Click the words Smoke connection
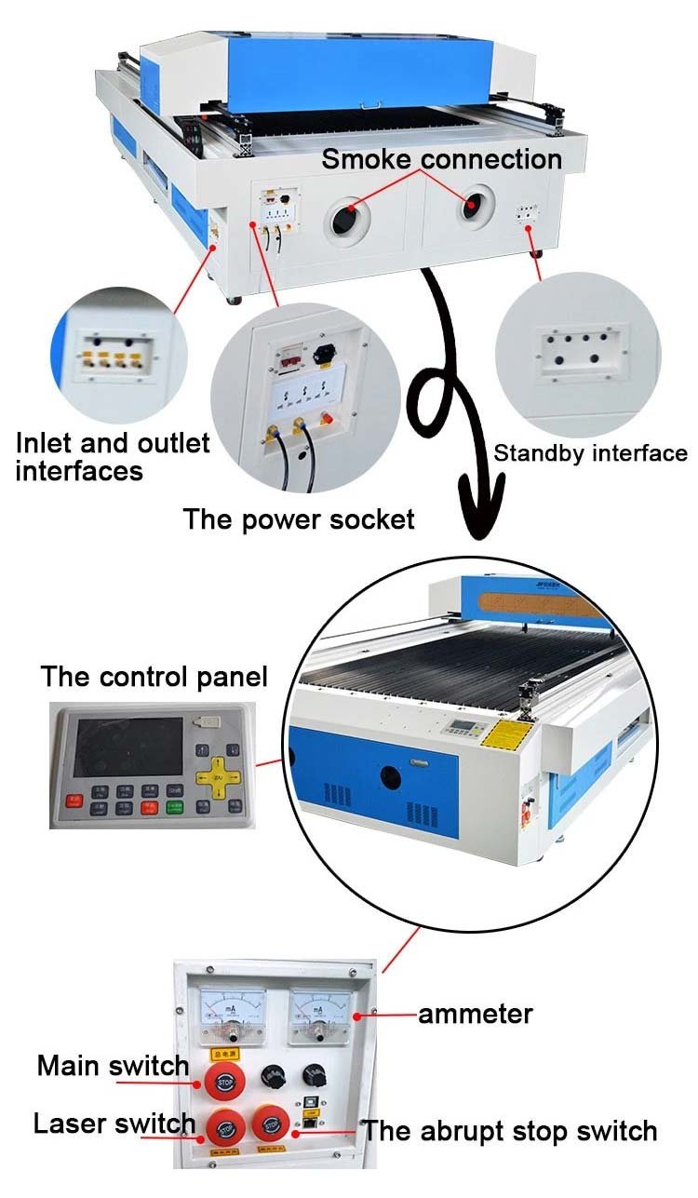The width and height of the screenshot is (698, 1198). click(441, 159)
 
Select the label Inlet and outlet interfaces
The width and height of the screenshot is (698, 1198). click(113, 456)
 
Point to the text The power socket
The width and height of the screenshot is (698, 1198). click(298, 518)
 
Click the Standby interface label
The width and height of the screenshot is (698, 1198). click(590, 453)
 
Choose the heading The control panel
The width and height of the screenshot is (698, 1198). click(154, 677)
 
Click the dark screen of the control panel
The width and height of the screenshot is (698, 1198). click(128, 747)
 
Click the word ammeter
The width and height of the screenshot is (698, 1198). click(475, 1013)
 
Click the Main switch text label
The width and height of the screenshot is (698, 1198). click(113, 1065)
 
